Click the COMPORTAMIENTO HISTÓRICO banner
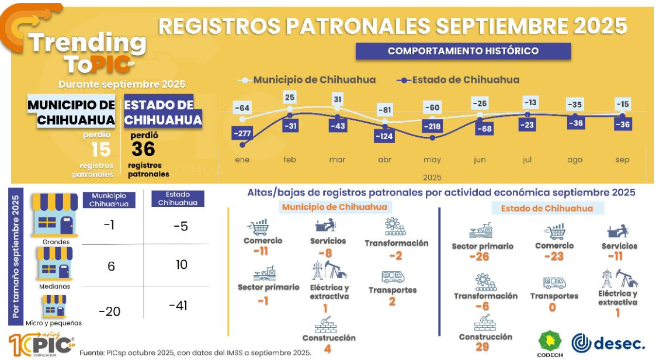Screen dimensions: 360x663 click(x=463, y=51)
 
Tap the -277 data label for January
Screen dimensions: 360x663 click(x=241, y=134)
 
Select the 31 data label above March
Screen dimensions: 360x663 click(x=337, y=100)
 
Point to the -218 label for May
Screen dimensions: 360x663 click(x=432, y=127)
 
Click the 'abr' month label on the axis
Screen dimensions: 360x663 click(x=385, y=160)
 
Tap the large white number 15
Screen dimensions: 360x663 click(x=100, y=150)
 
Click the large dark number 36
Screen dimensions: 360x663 click(x=143, y=150)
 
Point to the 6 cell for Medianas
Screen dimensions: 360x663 click(x=111, y=266)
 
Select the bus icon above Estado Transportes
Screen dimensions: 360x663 click(x=554, y=283)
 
